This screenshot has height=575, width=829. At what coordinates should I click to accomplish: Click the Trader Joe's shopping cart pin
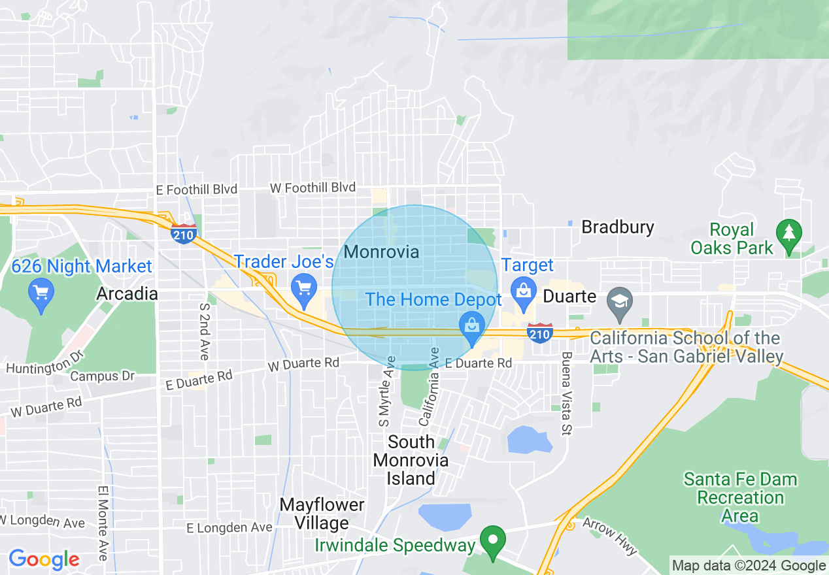click(x=303, y=289)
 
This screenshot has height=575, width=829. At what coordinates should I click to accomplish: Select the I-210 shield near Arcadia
click(x=184, y=233)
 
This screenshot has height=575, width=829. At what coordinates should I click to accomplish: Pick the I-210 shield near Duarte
click(x=540, y=333)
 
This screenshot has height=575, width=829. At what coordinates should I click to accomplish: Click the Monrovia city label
click(x=381, y=252)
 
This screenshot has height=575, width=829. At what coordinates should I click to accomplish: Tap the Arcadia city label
click(x=127, y=293)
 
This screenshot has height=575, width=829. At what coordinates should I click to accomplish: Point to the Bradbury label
click(x=617, y=227)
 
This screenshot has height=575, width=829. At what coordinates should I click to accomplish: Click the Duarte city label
click(x=570, y=297)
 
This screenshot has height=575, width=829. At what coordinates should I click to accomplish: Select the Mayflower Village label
click(x=322, y=514)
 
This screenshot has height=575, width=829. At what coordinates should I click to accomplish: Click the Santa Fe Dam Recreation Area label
click(x=740, y=497)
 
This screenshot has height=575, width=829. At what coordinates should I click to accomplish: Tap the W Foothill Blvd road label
click(x=313, y=188)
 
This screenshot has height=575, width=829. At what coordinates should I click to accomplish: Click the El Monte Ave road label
click(x=103, y=522)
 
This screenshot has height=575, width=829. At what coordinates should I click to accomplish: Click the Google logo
click(x=44, y=559)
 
